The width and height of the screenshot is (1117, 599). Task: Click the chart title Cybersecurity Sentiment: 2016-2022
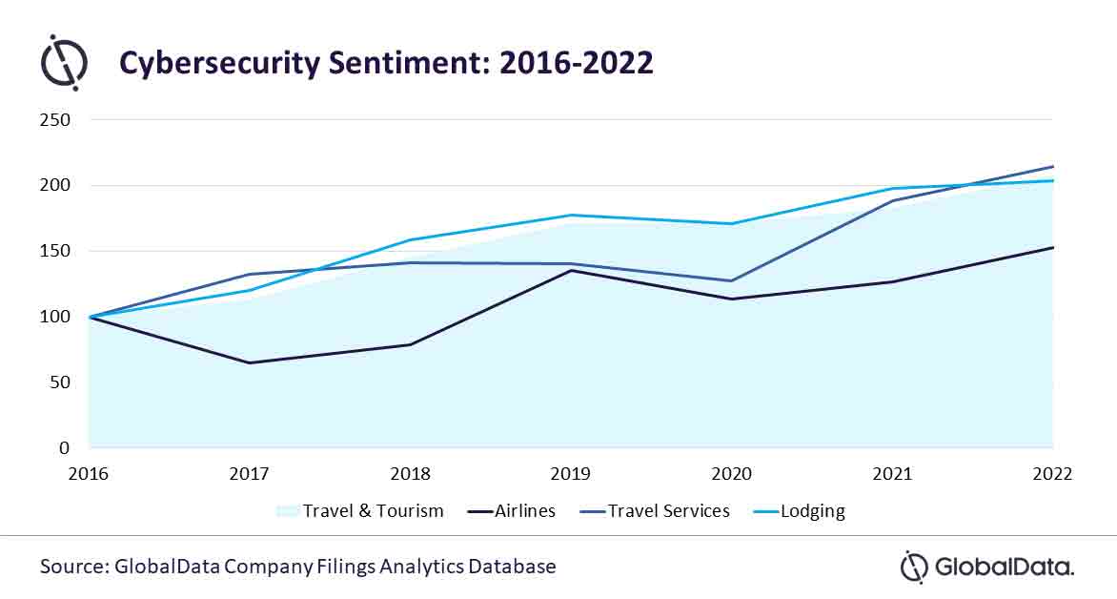[385, 62]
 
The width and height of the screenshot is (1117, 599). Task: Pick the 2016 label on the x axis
[89, 473]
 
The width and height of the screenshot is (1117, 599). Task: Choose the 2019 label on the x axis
[571, 473]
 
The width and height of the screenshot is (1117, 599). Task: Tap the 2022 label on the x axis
[1051, 473]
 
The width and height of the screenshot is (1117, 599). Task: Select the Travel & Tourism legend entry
[373, 511]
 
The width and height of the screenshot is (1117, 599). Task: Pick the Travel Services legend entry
[668, 511]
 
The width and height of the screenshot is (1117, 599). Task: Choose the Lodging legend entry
[813, 511]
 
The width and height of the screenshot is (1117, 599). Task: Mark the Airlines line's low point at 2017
[250, 362]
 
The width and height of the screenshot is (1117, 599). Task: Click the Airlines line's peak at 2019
[571, 270]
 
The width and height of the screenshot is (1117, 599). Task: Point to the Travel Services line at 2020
[732, 281]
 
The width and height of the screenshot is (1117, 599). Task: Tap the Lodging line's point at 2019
[571, 215]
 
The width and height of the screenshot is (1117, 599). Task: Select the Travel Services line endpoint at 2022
[1052, 166]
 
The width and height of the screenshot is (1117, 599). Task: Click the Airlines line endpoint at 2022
[1052, 247]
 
